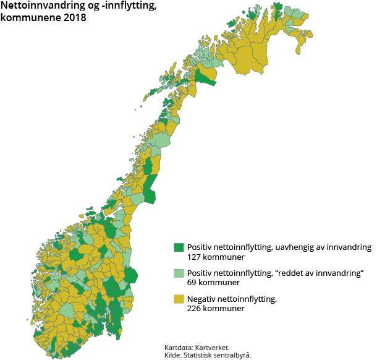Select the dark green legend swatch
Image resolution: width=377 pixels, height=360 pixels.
(179, 247)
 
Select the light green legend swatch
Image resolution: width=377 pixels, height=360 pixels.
(179, 273)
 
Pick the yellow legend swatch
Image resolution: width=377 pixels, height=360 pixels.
(179, 299)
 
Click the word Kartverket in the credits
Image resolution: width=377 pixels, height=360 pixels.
(213, 348)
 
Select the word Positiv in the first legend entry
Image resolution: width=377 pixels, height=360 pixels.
(201, 247)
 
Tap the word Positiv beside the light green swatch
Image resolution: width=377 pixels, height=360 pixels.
(201, 273)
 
